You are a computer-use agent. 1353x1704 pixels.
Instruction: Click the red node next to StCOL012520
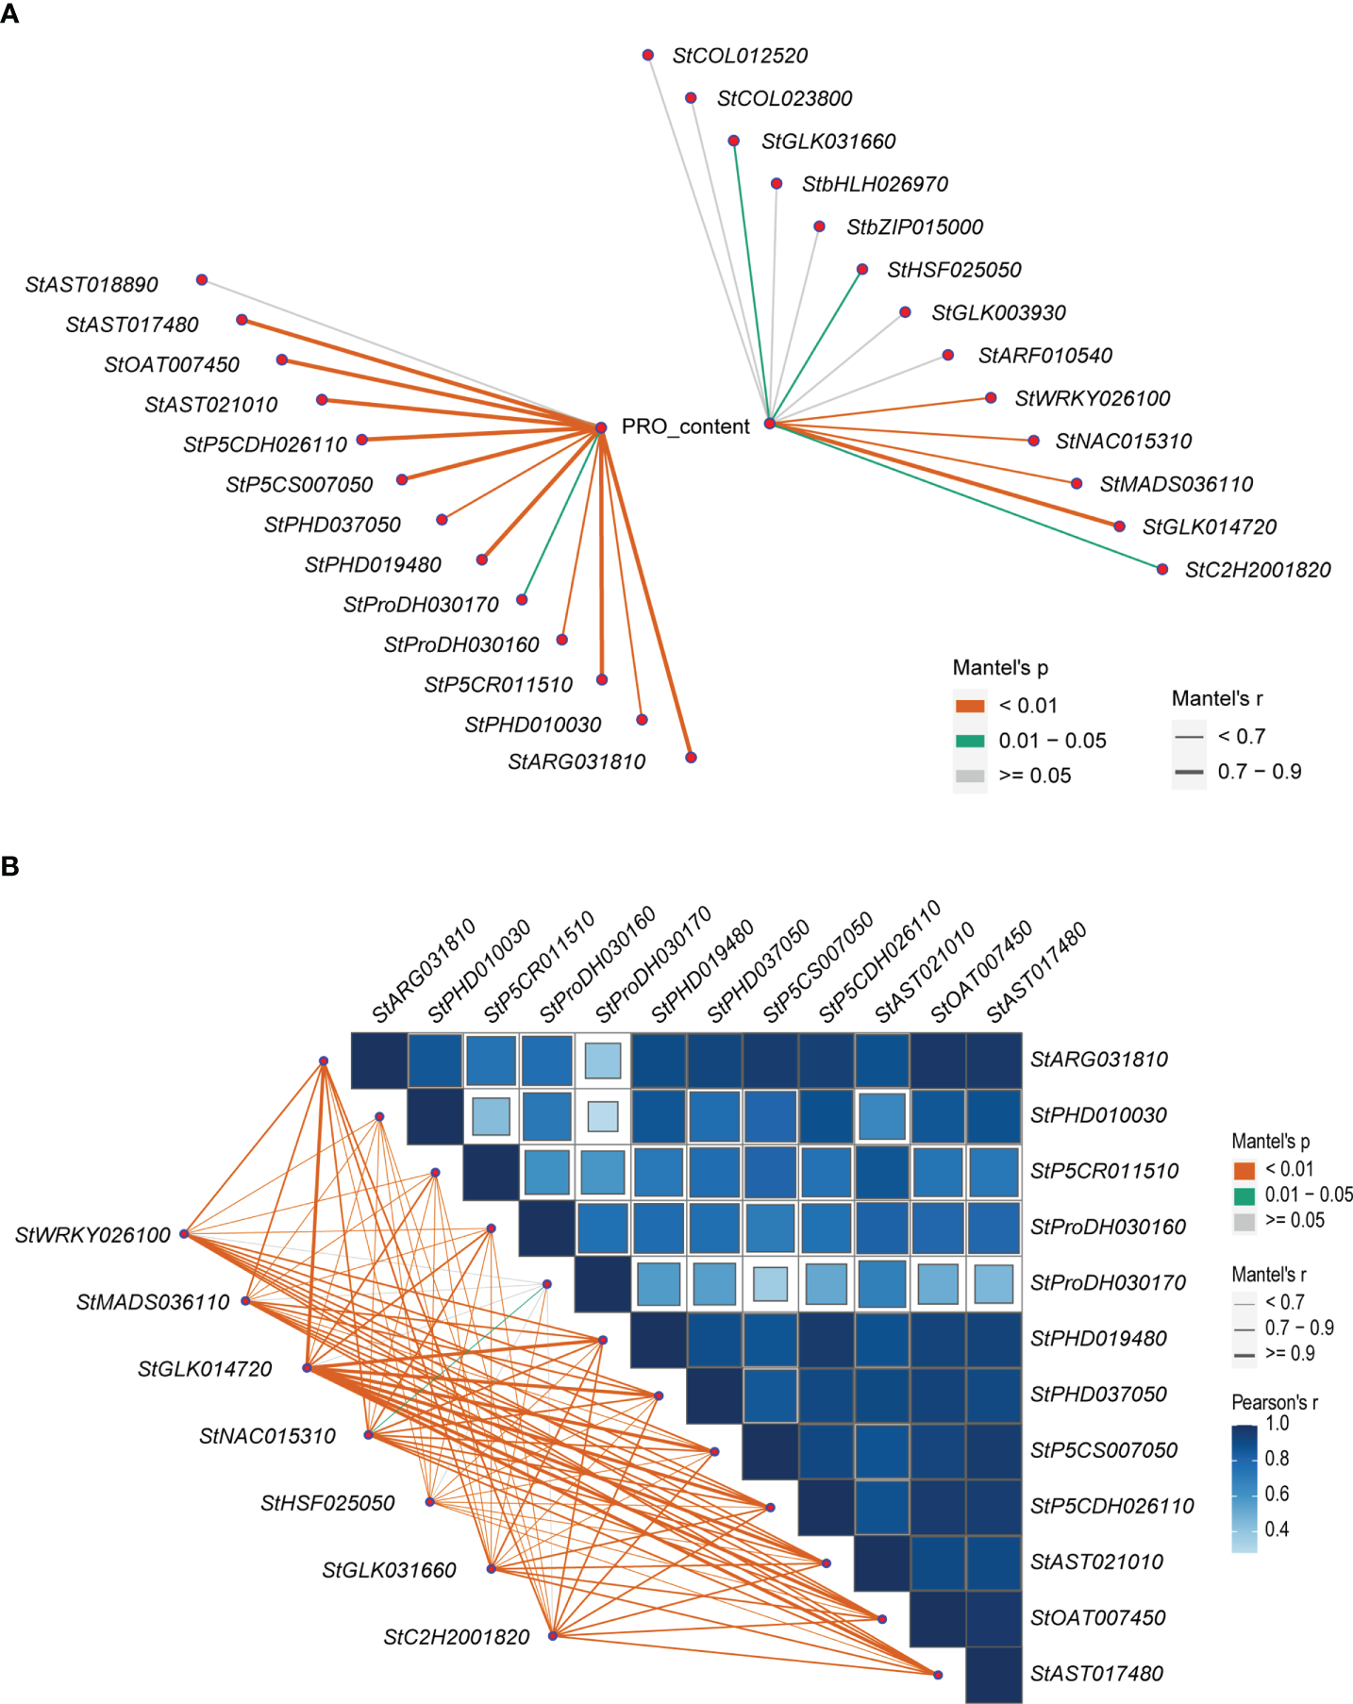click(648, 55)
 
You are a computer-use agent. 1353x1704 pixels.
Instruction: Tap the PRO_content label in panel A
click(685, 426)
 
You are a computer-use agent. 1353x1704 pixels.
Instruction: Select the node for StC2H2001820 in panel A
click(1162, 569)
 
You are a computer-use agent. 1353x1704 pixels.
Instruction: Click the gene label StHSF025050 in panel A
click(954, 270)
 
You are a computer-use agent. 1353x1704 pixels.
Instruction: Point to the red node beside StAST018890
click(202, 280)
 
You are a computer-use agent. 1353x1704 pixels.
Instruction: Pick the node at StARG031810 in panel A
click(691, 758)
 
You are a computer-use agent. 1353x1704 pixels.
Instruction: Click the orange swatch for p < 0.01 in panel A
click(969, 706)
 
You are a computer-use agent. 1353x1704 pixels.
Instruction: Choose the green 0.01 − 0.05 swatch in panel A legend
click(969, 741)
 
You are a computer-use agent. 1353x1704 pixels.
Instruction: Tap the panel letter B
click(10, 866)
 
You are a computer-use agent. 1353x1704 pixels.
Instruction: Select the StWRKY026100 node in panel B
click(185, 1233)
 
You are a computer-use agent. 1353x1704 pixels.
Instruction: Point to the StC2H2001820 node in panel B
click(553, 1635)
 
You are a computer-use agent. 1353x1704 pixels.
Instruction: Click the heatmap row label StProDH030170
click(1108, 1282)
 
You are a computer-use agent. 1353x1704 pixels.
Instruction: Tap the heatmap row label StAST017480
click(1096, 1673)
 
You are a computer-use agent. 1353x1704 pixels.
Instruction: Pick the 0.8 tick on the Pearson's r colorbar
click(1277, 1459)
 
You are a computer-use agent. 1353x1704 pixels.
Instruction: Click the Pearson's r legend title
click(1274, 1402)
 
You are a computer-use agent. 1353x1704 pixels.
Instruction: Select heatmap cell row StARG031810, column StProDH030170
click(603, 1060)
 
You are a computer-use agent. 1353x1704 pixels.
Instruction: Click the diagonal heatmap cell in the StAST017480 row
click(994, 1674)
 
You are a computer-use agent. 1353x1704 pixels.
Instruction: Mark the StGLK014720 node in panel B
click(308, 1367)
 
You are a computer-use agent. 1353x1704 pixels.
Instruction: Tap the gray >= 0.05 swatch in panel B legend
click(1244, 1221)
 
